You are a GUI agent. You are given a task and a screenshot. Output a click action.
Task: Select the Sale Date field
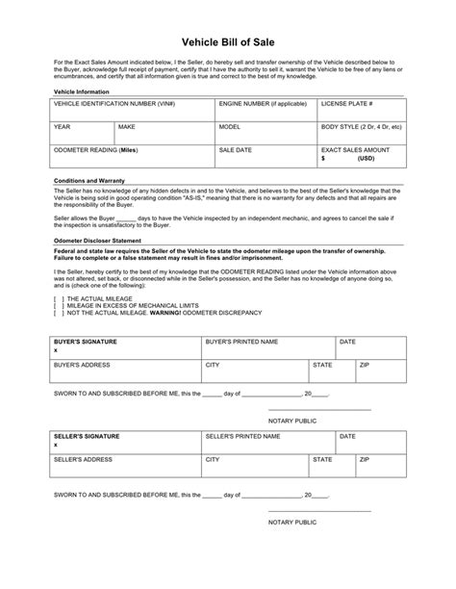click(265, 157)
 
